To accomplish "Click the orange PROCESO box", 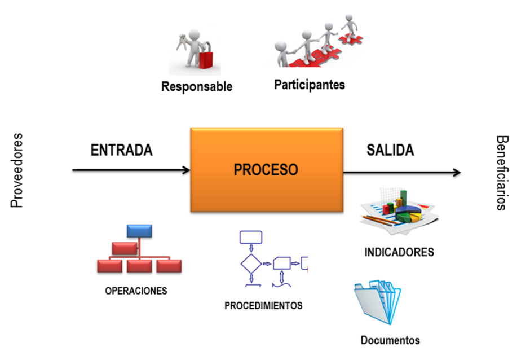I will (266, 170).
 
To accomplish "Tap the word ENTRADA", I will (122, 150).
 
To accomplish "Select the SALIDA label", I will (390, 150).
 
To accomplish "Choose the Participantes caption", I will (310, 85).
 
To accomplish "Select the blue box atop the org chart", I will (139, 230).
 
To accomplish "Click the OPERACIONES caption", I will (136, 291).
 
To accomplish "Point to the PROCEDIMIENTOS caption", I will (263, 306).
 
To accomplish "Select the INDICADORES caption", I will (399, 252).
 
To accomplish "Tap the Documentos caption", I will (390, 340).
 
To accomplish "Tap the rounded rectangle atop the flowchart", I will (251, 237).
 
